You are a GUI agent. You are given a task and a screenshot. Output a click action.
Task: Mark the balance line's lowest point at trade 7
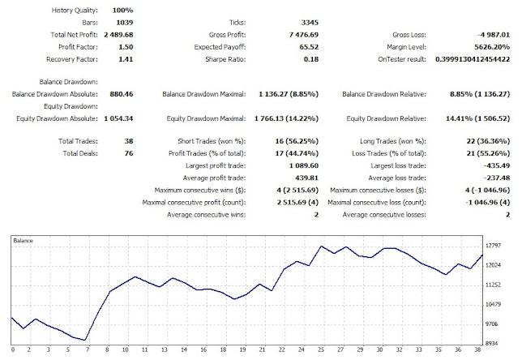tap(87, 340)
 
